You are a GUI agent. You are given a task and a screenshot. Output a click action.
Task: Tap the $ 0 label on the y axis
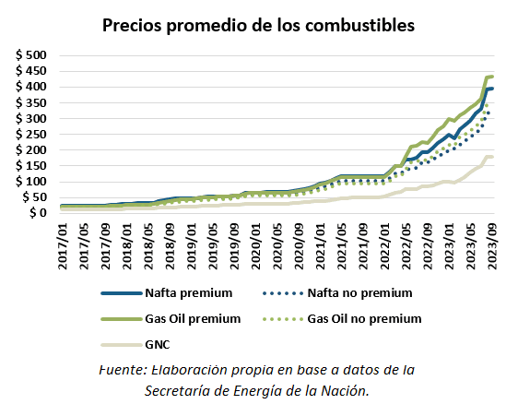tap(37, 213)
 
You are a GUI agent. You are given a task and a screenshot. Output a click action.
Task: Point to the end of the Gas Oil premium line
tap(493, 77)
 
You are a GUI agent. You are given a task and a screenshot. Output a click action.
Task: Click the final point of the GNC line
tap(493, 157)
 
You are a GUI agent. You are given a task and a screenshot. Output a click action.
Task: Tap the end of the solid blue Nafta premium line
tap(493, 89)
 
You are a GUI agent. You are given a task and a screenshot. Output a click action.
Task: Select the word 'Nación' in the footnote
tap(345, 391)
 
